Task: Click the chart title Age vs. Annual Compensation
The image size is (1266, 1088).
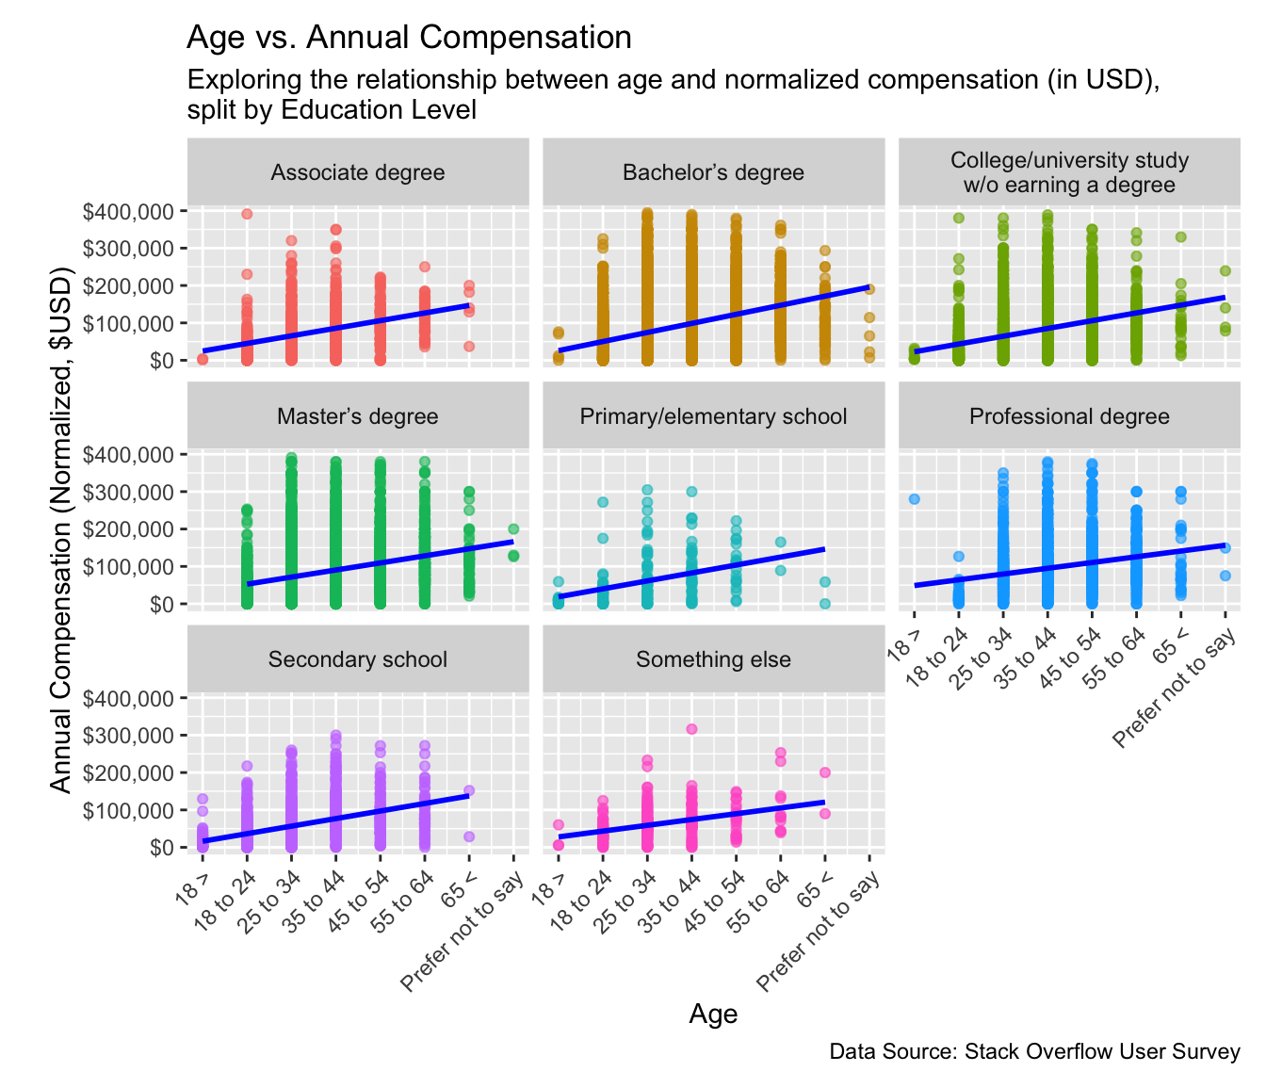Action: pos(409,38)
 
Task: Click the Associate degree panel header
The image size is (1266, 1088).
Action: pos(358,172)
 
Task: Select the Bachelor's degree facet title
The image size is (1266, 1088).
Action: pos(713,172)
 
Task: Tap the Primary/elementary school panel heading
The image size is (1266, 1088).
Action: pos(713,416)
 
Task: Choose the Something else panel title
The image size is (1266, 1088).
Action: pos(713,659)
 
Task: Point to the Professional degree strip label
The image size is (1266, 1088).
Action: pos(1069,416)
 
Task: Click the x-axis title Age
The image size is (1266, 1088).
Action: pos(713,1014)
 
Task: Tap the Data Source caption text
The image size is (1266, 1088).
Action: pos(1034,1051)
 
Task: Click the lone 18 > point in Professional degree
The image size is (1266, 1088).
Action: pos(914,499)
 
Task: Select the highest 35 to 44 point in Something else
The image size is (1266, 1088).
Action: pos(691,729)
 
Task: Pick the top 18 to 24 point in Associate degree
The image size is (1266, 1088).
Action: pos(247,214)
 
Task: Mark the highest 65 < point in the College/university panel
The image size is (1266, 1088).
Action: pos(1180,237)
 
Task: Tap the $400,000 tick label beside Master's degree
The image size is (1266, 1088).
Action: pos(128,455)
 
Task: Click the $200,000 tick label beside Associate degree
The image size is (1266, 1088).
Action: pos(128,285)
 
